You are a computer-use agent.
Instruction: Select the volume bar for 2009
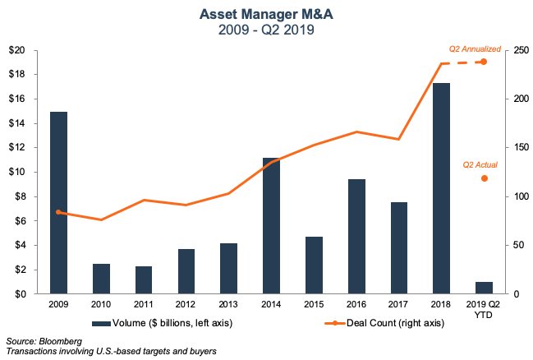(x=59, y=202)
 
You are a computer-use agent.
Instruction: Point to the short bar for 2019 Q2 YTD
(x=484, y=288)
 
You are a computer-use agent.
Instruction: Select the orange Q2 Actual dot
(x=485, y=178)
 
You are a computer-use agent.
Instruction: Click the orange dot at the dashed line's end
(x=485, y=62)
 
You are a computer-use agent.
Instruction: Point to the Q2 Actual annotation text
(x=480, y=164)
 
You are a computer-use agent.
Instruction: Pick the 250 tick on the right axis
(x=519, y=50)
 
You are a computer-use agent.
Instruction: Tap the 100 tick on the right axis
(x=519, y=196)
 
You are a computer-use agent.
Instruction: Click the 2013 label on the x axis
(x=229, y=305)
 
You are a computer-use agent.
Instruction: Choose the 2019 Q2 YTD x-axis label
(x=484, y=310)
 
